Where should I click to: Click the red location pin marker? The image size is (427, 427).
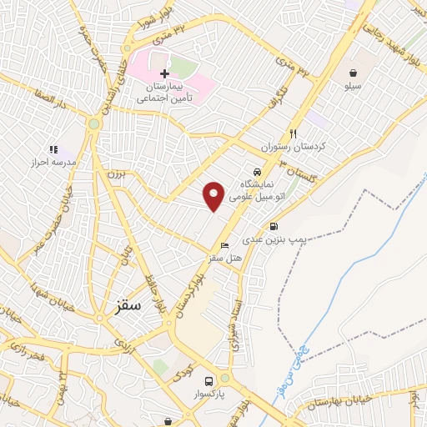tap(214, 195)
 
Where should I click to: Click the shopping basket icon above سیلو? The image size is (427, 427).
tap(354, 73)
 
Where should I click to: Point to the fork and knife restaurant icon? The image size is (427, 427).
tap(293, 133)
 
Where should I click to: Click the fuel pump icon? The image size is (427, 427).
tap(274, 226)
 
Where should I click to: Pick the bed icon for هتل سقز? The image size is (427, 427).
tap(224, 245)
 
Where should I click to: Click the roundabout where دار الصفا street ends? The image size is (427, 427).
tap(93, 123)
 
